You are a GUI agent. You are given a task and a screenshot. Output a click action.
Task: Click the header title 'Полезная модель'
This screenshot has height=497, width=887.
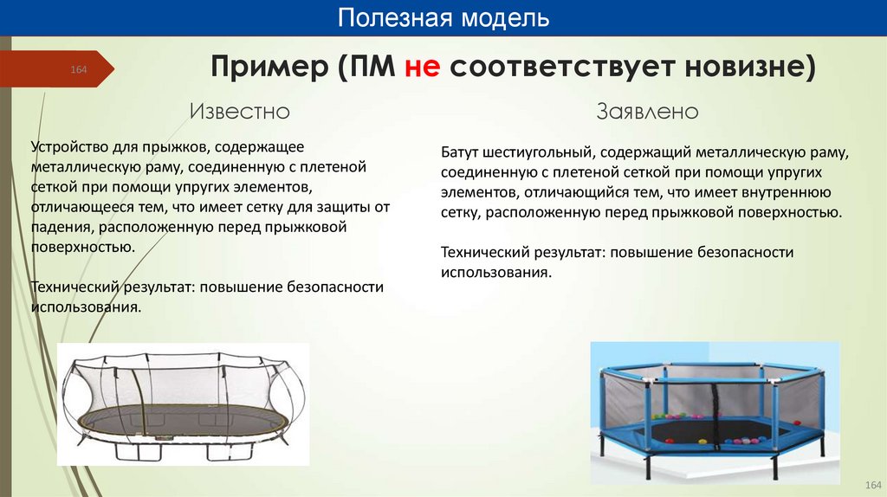click(443, 18)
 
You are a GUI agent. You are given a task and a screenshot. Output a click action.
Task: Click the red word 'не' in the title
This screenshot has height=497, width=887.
click(422, 67)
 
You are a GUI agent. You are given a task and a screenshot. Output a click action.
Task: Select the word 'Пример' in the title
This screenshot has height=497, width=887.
click(269, 67)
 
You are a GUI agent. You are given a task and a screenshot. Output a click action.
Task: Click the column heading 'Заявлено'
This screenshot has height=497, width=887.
click(647, 112)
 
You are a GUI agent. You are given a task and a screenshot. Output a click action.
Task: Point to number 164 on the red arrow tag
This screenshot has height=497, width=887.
click(79, 69)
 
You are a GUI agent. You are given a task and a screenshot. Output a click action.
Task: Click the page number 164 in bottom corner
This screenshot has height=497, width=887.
click(872, 483)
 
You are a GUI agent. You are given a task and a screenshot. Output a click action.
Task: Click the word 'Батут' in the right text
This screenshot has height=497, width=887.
click(463, 152)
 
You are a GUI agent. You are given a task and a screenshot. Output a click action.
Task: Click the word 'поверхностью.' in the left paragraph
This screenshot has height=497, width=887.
click(82, 247)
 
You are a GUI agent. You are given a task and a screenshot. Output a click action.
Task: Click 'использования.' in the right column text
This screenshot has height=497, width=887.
click(495, 272)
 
